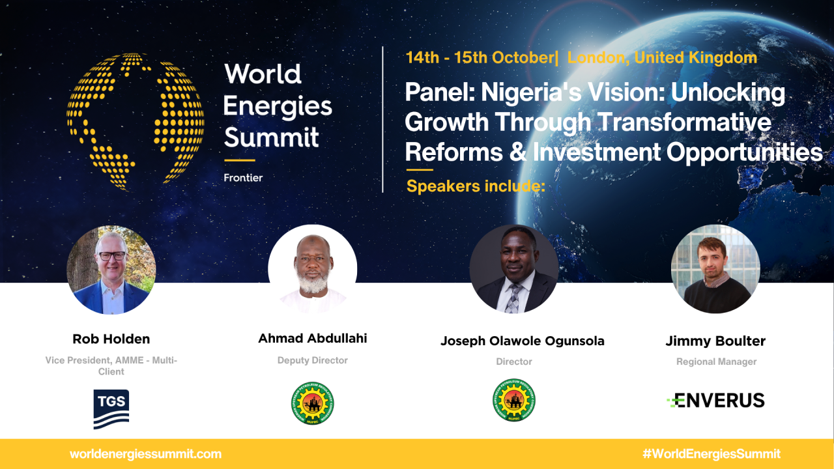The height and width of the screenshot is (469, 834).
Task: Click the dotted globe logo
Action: point(135,122)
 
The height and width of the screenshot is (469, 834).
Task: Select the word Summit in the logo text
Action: point(271,137)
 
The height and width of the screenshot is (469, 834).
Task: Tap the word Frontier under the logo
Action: point(243,177)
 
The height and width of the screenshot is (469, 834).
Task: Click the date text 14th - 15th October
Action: point(479,57)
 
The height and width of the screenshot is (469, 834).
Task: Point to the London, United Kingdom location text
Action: point(662,57)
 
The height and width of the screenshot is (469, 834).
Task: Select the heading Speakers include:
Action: point(475,186)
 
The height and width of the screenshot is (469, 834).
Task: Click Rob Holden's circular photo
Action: point(111,270)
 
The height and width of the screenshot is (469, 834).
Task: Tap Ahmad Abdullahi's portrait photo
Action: point(313,269)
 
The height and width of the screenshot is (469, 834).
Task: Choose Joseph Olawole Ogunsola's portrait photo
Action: point(514,269)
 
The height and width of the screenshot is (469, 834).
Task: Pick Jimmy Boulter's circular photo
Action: point(715,269)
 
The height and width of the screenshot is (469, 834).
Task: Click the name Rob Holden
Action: point(111,339)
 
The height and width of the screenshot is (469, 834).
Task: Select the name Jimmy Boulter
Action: point(715,341)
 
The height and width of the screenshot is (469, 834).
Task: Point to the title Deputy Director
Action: point(313,360)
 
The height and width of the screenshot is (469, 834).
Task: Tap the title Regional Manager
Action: point(716,362)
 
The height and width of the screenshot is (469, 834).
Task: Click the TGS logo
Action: point(111,408)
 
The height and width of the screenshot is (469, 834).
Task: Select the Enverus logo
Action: point(715,400)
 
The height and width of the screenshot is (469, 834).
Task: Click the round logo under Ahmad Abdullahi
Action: point(313,403)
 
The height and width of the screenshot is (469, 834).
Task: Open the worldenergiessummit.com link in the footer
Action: point(145,454)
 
